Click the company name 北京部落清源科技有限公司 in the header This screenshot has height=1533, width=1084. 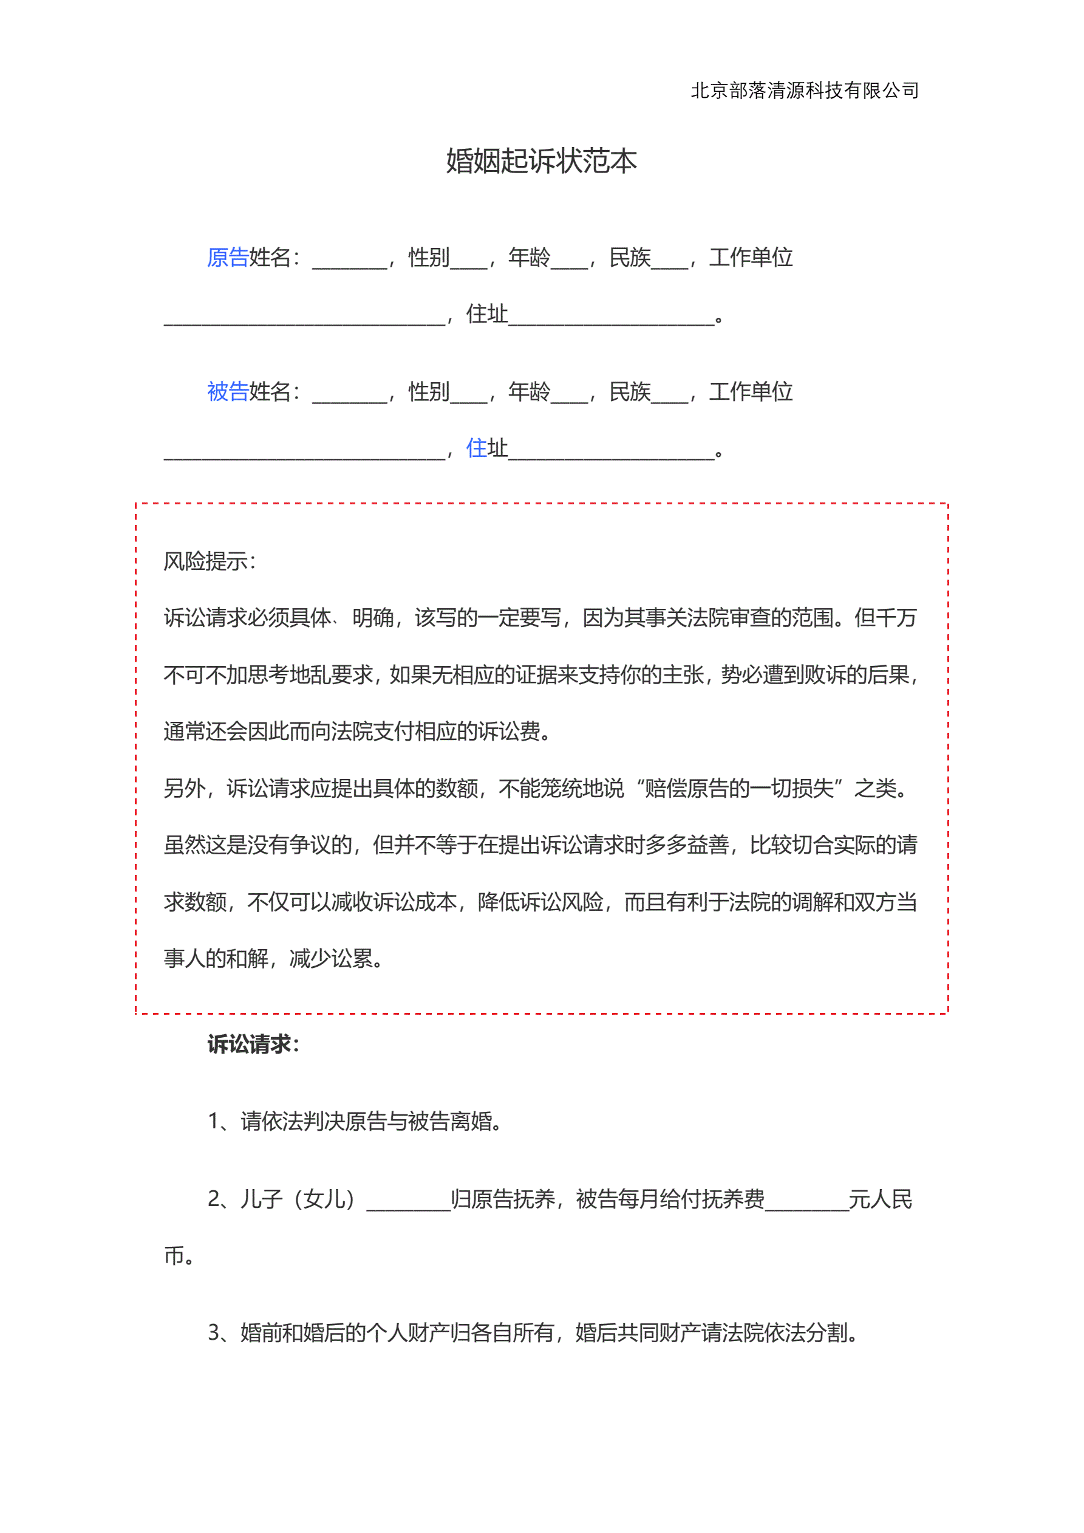tap(804, 91)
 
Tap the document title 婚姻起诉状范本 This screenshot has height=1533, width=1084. tap(541, 161)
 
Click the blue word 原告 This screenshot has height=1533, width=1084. tap(228, 258)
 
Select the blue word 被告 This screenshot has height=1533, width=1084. tap(228, 392)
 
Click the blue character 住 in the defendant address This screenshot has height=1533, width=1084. tap(476, 448)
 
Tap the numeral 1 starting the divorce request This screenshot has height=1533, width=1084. tap(214, 1121)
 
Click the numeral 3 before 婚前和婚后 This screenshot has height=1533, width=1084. tap(214, 1332)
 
